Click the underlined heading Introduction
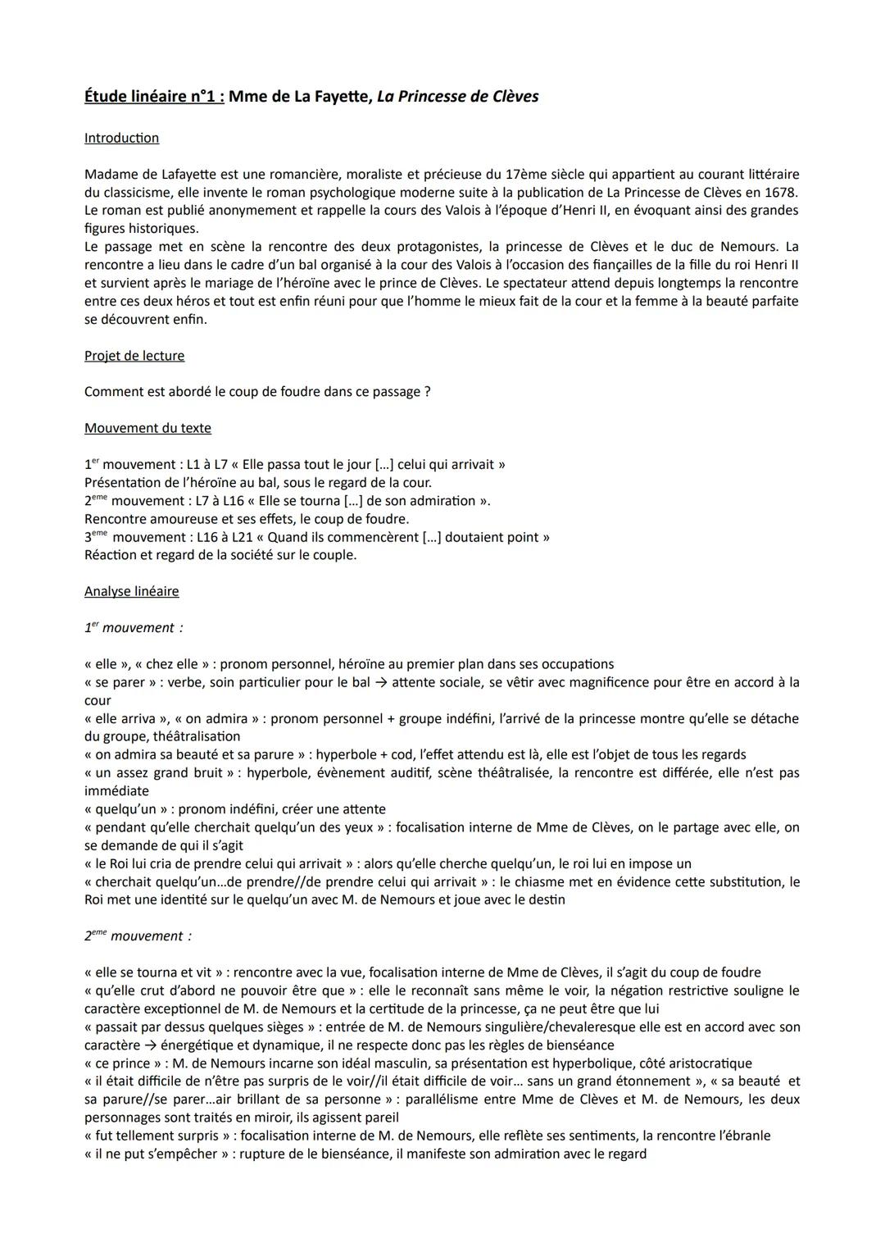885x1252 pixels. pos(121,138)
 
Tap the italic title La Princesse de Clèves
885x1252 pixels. pos(457,97)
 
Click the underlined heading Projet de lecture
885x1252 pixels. pos(134,356)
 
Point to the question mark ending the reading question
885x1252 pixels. pos(427,392)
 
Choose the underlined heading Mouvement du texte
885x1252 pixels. pos(147,428)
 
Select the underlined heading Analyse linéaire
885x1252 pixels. pos(131,591)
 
